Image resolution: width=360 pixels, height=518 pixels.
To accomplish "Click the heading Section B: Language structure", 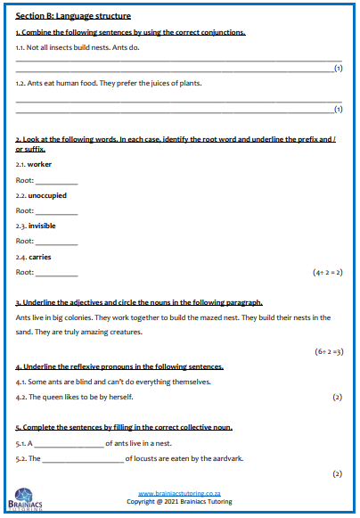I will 73,16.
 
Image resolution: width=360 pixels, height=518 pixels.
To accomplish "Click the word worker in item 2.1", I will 39,164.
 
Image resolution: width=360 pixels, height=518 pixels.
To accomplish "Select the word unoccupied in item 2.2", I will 47,194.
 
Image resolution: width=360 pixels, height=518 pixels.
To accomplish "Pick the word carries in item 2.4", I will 39,257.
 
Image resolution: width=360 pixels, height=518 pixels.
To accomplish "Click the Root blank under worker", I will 56,180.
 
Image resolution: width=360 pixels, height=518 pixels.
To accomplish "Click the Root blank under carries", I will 56,273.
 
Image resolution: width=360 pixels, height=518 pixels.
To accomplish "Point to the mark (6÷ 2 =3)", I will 324,350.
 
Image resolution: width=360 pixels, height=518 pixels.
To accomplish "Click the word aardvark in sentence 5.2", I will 225,458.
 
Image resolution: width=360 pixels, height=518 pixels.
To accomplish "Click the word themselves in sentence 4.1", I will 189,382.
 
